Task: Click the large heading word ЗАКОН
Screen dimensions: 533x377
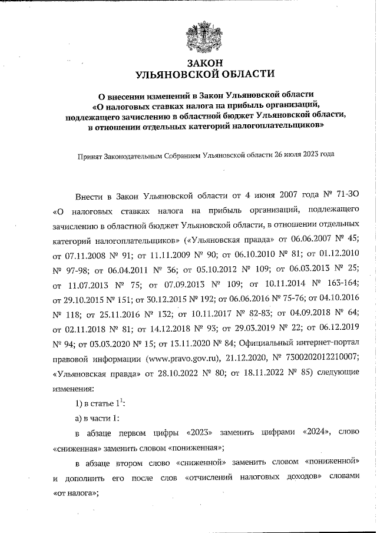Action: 205,63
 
